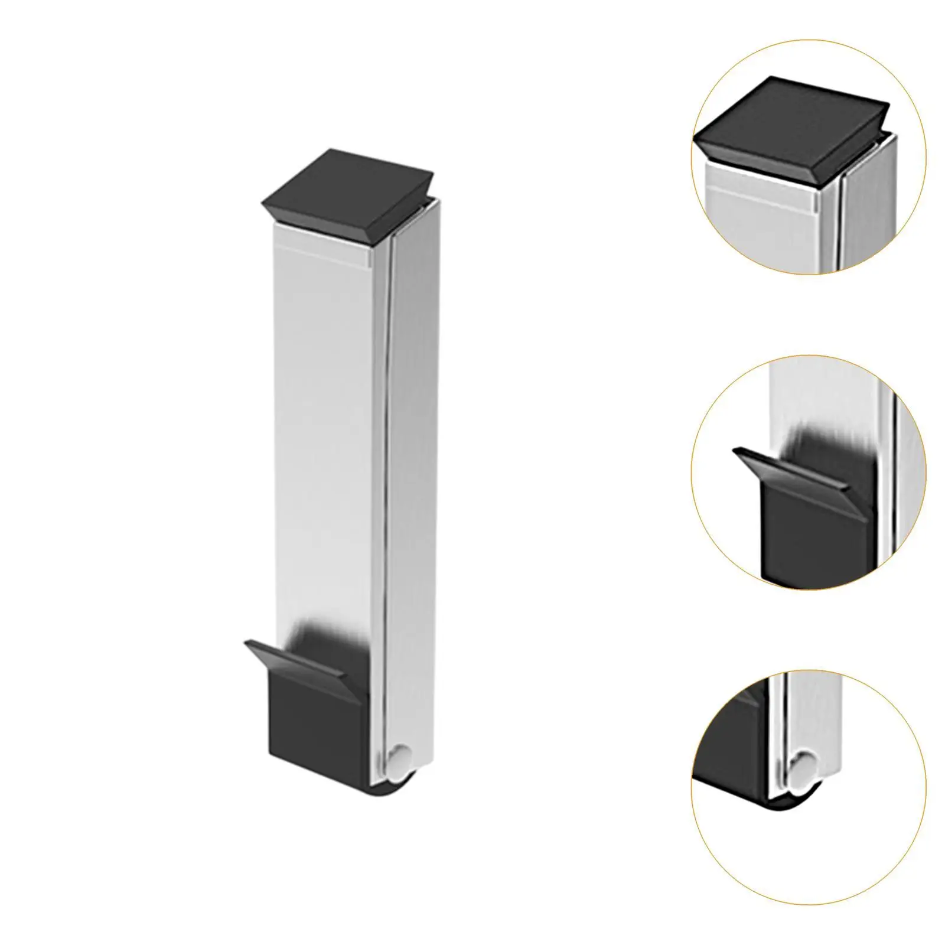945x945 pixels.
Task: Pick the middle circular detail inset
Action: pos(809,472)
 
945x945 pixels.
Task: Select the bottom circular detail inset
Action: pos(809,786)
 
